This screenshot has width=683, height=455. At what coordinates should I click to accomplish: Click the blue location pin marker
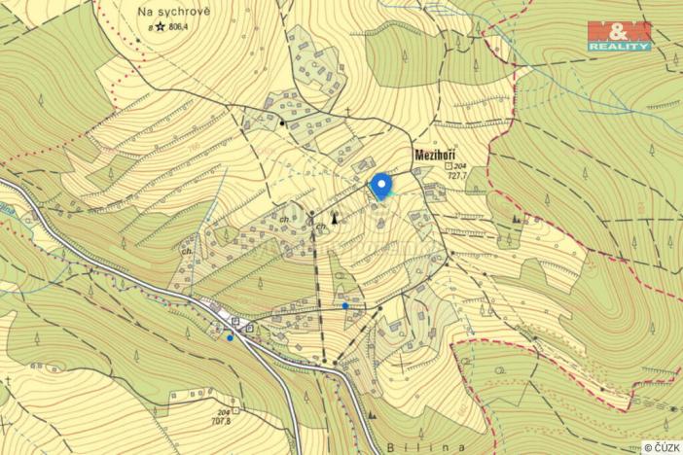tap(381, 185)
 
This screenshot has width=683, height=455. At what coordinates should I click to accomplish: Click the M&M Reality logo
tap(619, 35)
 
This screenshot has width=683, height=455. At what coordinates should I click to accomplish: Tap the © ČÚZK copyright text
tap(661, 446)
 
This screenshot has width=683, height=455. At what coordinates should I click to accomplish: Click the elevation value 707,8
tap(221, 421)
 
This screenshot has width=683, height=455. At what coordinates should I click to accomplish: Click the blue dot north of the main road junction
tap(345, 305)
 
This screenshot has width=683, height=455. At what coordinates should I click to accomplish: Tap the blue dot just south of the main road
tap(230, 337)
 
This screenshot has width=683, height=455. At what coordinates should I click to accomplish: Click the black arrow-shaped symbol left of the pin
tap(335, 217)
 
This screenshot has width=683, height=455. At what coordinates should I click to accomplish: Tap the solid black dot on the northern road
tap(281, 123)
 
